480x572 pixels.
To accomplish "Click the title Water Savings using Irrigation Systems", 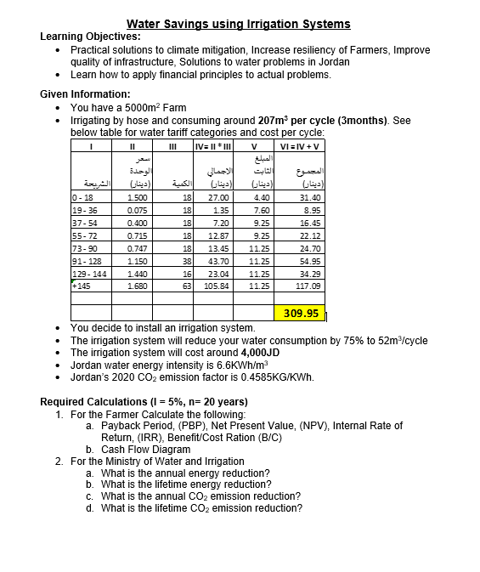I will (238, 24).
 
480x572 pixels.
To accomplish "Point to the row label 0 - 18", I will (84, 196).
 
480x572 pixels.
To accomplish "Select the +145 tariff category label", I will (82, 286).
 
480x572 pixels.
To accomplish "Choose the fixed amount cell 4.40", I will (261, 196).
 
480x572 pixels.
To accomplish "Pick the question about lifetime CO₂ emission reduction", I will (200, 508).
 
